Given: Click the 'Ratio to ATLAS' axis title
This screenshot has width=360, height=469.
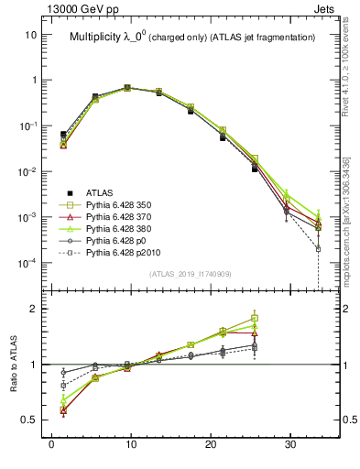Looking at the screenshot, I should coord(13,364).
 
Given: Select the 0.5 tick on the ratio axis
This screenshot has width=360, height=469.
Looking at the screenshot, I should coord(32,420).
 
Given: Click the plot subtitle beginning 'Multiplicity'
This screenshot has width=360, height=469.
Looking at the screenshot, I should coord(192,37).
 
